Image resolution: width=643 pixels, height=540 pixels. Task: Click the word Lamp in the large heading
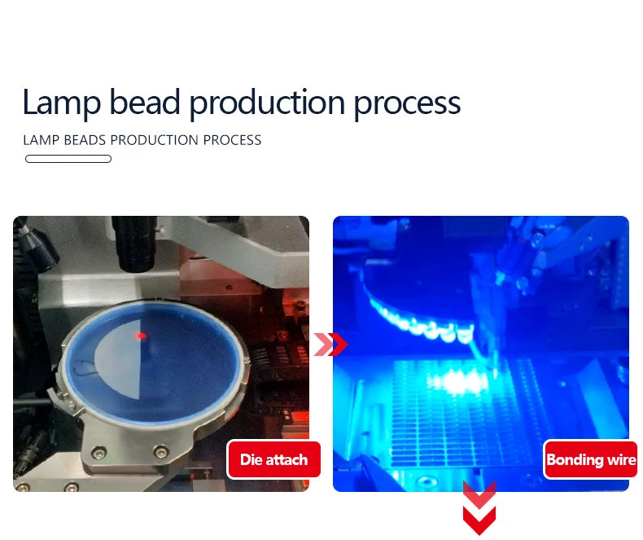(x=62, y=103)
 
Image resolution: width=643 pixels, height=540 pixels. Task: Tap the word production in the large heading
(x=267, y=103)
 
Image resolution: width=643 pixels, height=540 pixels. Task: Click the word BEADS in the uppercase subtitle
(x=85, y=140)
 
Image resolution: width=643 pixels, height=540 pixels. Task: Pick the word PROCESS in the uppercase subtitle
(x=232, y=140)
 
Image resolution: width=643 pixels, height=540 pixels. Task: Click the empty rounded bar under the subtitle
(x=68, y=159)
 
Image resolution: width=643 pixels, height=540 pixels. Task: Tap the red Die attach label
(x=274, y=459)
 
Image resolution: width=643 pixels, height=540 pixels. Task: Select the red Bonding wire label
(x=591, y=459)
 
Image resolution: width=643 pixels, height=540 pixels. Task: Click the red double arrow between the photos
(x=330, y=345)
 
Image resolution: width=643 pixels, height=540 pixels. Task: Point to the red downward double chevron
(x=479, y=508)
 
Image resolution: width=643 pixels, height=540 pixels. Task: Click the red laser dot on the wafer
(x=141, y=336)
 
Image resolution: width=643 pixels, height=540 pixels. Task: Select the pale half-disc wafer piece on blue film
(x=118, y=359)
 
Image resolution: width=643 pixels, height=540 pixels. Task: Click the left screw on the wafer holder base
(x=98, y=452)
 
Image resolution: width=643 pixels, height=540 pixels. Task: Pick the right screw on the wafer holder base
(x=161, y=451)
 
